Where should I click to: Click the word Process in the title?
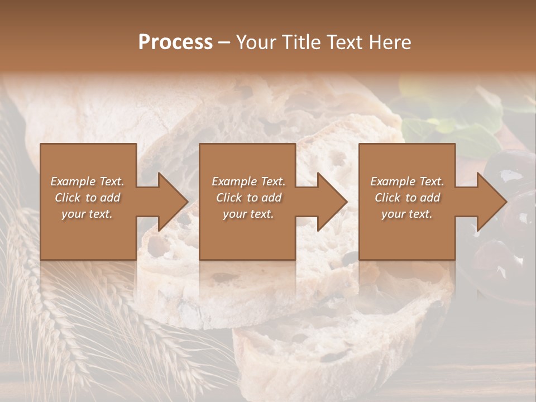tap(175, 42)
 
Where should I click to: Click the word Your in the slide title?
tap(257, 42)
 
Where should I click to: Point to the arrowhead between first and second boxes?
tap(170, 202)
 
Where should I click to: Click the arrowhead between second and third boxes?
tap(329, 202)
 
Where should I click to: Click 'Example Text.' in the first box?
tap(87, 181)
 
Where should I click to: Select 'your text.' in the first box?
tap(87, 214)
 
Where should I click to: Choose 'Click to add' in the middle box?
tap(248, 198)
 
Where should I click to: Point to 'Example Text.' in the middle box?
tap(248, 181)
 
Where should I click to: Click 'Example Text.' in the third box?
tap(407, 181)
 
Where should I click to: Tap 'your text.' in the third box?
tap(407, 214)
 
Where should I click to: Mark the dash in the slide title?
tap(224, 42)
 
